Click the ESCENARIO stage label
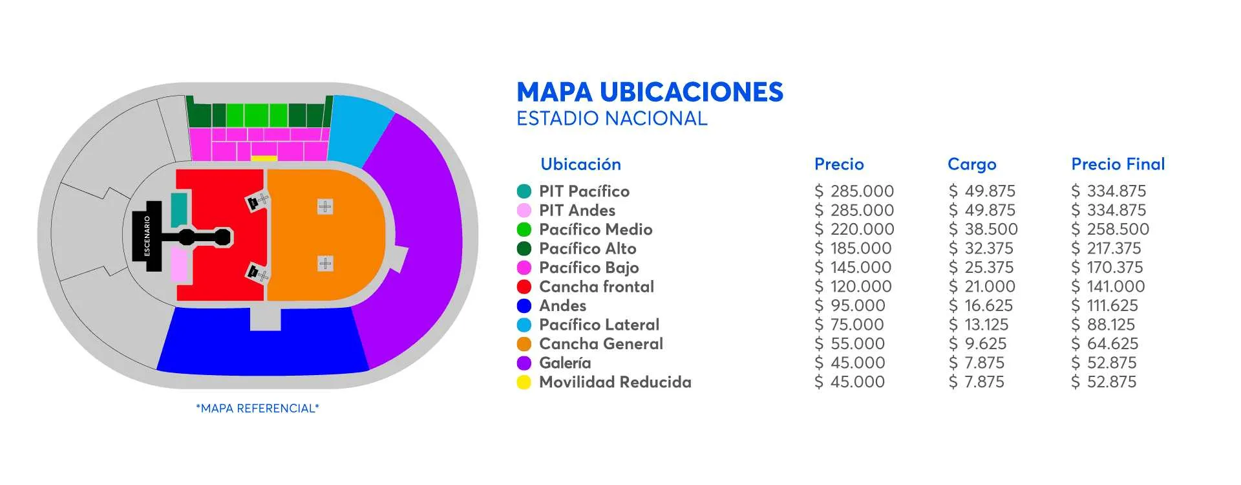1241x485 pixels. tap(147, 236)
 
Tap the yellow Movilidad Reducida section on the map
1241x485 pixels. tap(264, 158)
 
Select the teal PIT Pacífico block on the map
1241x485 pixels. tap(179, 210)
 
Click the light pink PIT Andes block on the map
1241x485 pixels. tap(179, 264)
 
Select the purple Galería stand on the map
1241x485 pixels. tap(420, 239)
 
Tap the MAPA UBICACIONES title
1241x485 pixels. tap(650, 92)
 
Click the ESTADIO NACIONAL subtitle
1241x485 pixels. tap(611, 119)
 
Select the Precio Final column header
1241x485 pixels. tap(1118, 164)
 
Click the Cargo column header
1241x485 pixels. tap(971, 164)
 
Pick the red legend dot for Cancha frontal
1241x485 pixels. tap(524, 287)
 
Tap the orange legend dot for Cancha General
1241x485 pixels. tap(524, 344)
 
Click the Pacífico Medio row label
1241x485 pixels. tap(595, 230)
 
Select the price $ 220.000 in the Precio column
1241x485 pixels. tap(854, 230)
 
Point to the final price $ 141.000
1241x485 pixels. tap(1108, 286)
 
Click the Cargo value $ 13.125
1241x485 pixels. tap(979, 325)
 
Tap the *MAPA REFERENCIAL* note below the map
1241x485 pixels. tap(257, 409)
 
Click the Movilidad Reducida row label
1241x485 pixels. tap(615, 382)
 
